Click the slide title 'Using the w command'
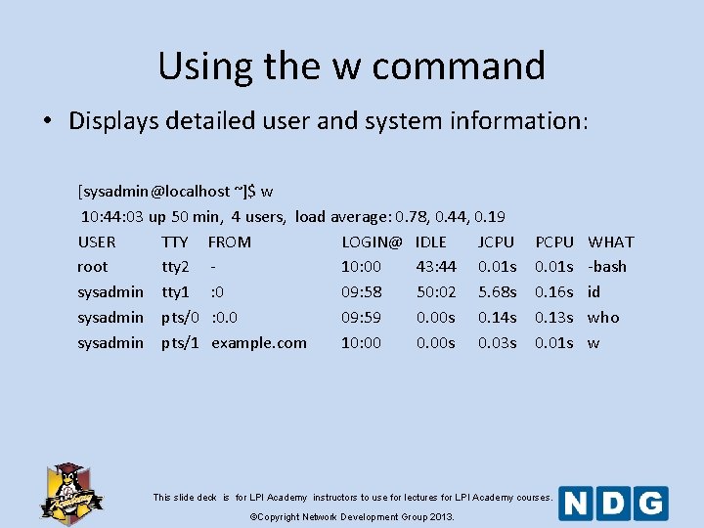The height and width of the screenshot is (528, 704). click(351, 66)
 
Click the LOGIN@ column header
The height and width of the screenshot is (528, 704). click(372, 242)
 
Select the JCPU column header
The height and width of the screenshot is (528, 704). click(496, 242)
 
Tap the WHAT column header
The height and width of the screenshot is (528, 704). click(611, 242)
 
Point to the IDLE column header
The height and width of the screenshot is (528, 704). click(430, 242)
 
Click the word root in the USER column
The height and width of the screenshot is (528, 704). click(92, 266)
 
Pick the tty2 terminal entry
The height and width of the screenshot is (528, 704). click(175, 266)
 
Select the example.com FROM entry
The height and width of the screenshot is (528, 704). click(258, 342)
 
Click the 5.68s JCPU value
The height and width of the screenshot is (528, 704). click(497, 291)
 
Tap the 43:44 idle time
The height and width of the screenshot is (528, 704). click(436, 266)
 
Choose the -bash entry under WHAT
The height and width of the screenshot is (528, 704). click(607, 266)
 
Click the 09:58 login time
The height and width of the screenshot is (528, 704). click(361, 291)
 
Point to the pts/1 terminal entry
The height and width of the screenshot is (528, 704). click(180, 342)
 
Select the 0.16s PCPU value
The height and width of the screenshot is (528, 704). click(553, 291)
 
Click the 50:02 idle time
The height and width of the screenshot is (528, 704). click(436, 291)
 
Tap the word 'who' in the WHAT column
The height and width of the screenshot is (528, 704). click(603, 317)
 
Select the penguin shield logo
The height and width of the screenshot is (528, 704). click(70, 491)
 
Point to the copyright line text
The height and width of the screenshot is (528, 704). click(352, 516)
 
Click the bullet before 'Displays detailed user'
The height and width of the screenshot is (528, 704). click(47, 122)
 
